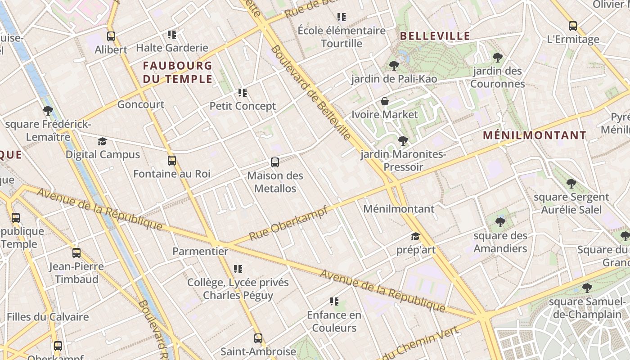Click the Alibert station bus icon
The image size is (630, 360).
(x=111, y=36)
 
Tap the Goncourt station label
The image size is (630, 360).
(x=141, y=104)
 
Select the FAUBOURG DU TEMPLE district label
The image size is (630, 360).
(x=177, y=72)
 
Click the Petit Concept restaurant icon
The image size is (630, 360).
(x=243, y=93)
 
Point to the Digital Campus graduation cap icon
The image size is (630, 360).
(x=103, y=142)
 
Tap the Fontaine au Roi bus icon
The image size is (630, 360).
(x=172, y=161)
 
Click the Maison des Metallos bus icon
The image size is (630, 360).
(x=275, y=162)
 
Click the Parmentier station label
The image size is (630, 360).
(x=200, y=251)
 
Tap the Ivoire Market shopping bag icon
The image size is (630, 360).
(x=385, y=101)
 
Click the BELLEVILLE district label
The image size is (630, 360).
(x=435, y=36)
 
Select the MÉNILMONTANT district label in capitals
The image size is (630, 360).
(x=535, y=135)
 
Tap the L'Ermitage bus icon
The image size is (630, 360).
(x=573, y=26)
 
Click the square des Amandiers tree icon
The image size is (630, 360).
(x=500, y=222)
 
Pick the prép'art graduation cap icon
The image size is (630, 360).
(x=415, y=236)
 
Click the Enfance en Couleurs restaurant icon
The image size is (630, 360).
(x=334, y=301)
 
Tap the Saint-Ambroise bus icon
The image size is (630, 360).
(x=258, y=338)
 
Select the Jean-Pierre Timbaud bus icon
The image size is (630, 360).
(x=76, y=253)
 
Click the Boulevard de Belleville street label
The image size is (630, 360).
(x=311, y=92)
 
